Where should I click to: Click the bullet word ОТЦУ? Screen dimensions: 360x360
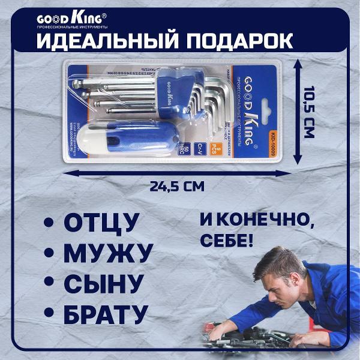101,221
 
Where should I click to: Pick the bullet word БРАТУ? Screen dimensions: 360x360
105,313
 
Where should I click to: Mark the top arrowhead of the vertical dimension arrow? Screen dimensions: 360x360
296,63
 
